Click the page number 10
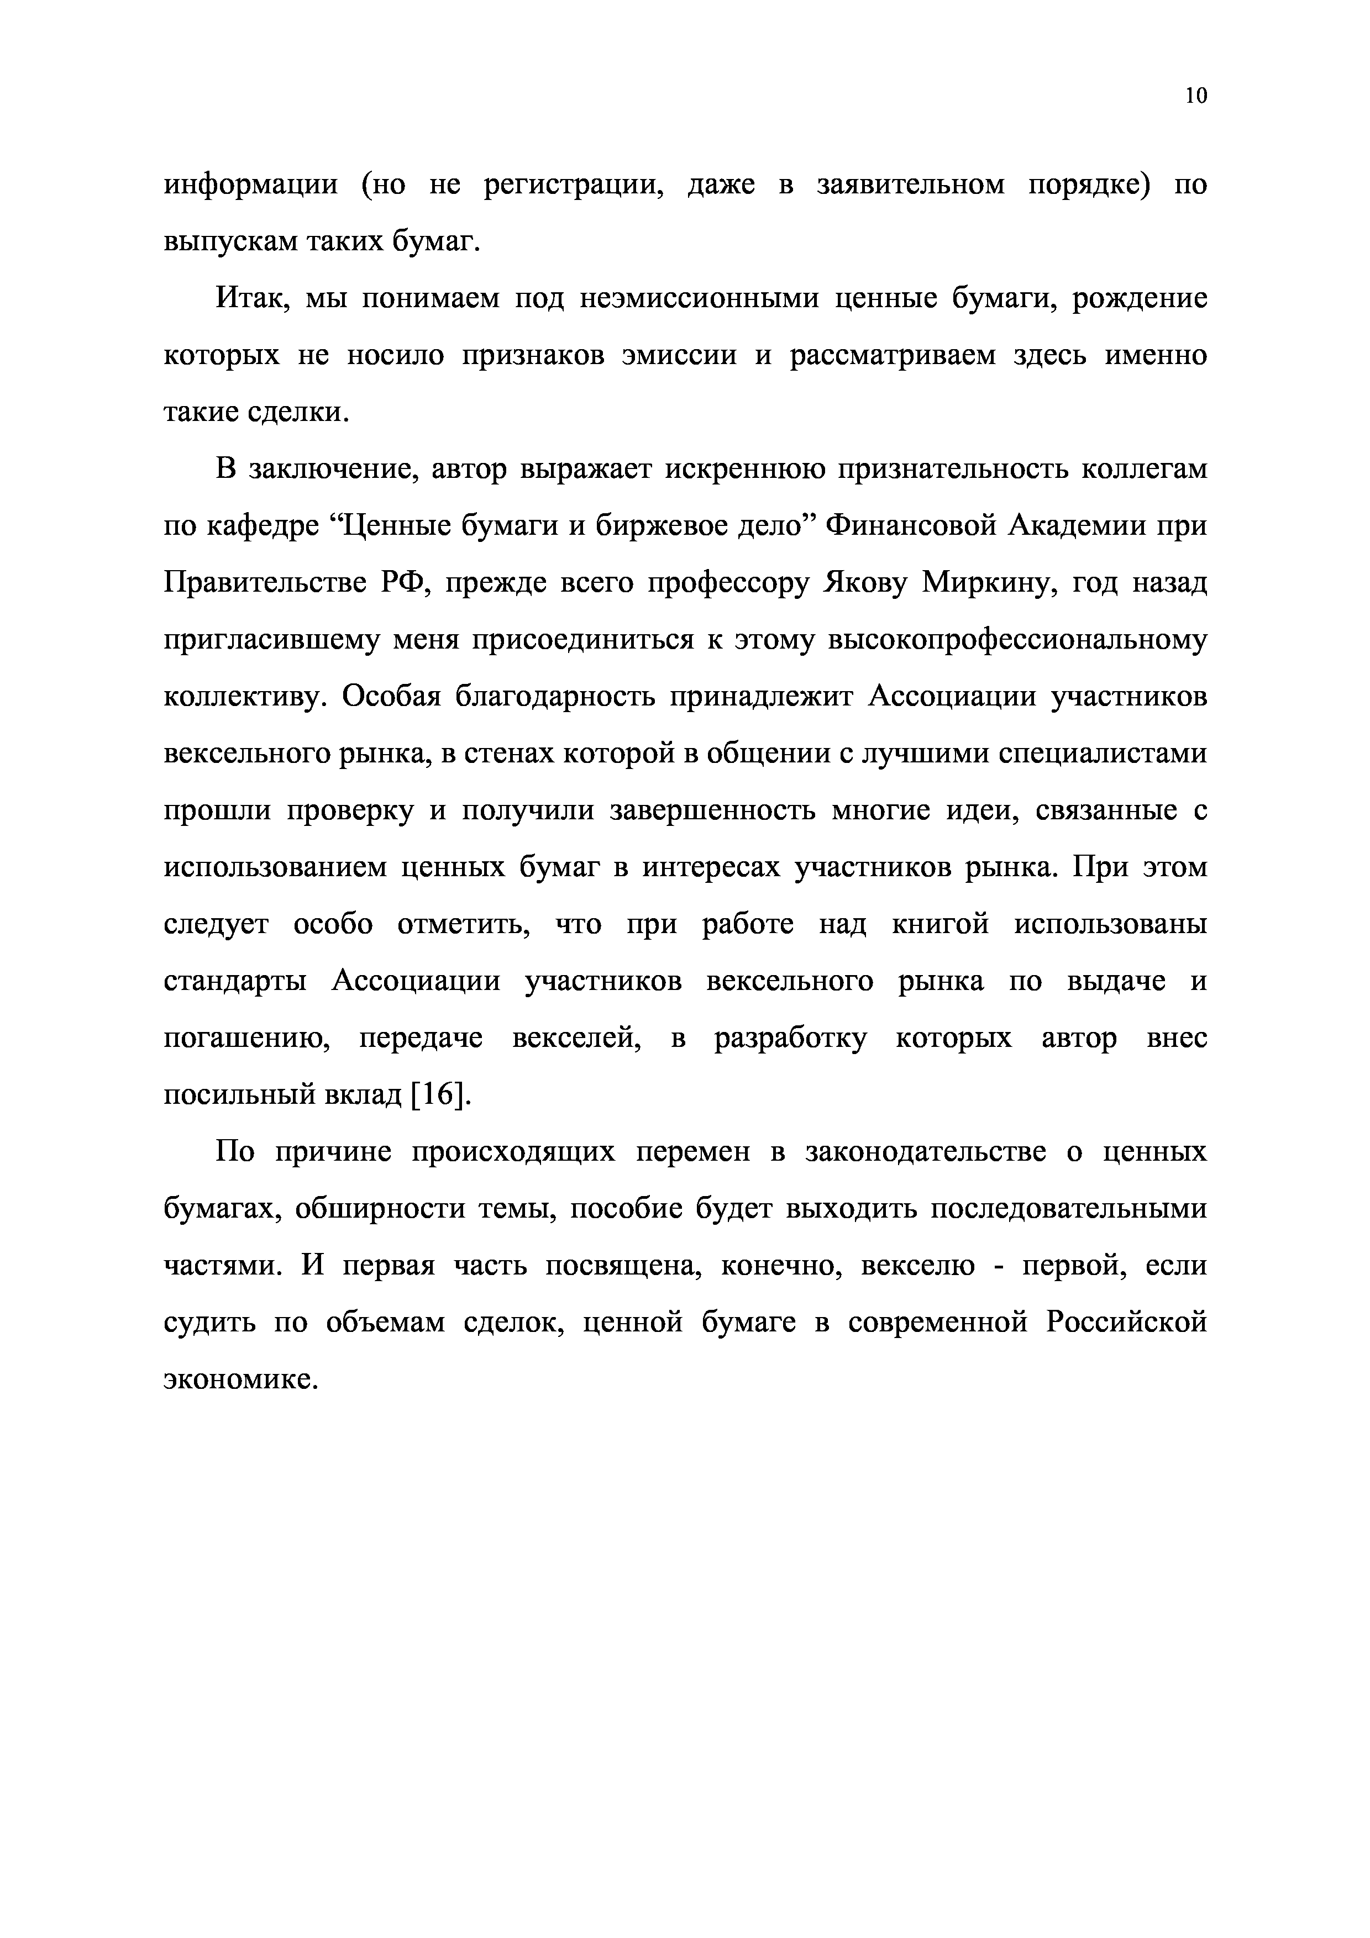click(x=1196, y=96)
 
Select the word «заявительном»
click(x=912, y=184)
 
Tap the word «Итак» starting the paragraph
click(x=251, y=298)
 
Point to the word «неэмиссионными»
click(x=700, y=298)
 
